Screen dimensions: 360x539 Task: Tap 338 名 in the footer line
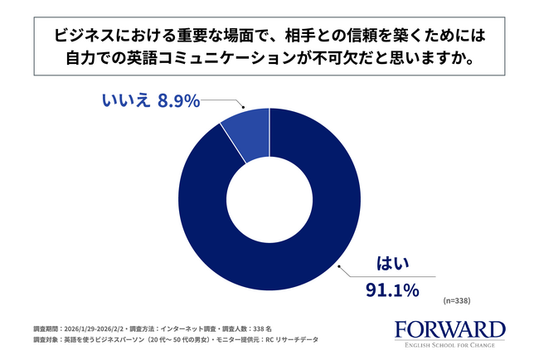[x=282, y=326]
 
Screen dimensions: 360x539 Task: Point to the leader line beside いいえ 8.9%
[x=224, y=101]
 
